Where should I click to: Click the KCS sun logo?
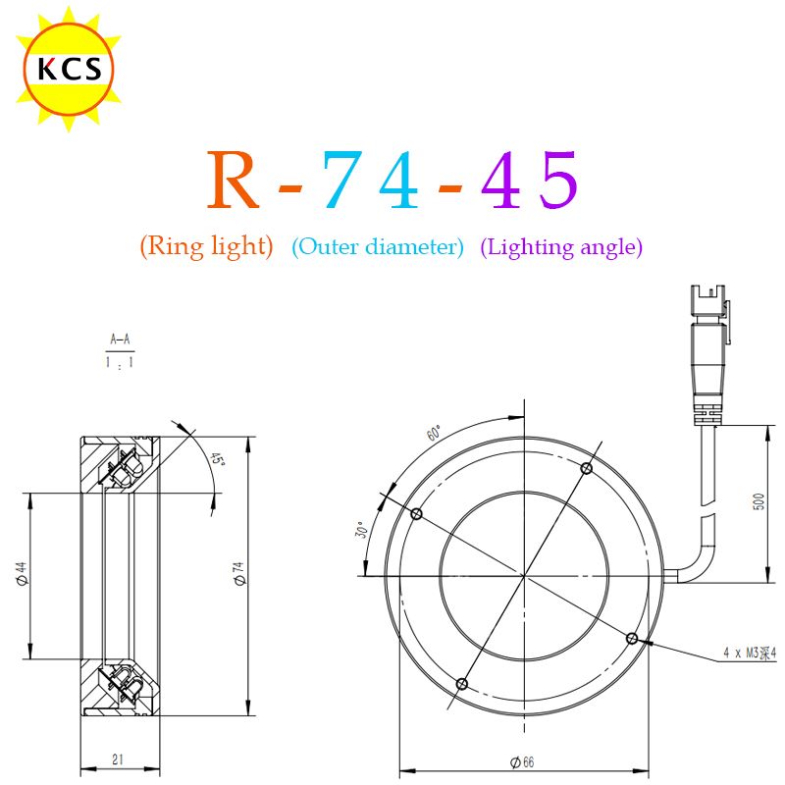(69, 69)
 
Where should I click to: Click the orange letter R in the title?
(234, 180)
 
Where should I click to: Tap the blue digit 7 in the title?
(342, 180)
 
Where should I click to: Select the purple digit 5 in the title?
(558, 180)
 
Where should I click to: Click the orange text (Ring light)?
(207, 246)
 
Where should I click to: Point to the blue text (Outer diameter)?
(378, 246)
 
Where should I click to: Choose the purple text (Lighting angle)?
(561, 247)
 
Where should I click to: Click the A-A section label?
(120, 340)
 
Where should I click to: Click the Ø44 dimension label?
(21, 573)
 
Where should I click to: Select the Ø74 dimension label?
(239, 573)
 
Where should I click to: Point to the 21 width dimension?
(118, 759)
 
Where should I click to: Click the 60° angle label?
(435, 433)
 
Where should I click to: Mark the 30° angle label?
(362, 530)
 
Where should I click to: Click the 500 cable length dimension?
(759, 501)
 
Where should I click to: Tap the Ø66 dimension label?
(522, 762)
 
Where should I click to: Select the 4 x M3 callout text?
(750, 653)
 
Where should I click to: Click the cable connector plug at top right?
(708, 355)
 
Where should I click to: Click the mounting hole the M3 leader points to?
(632, 639)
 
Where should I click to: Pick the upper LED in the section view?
(129, 469)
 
